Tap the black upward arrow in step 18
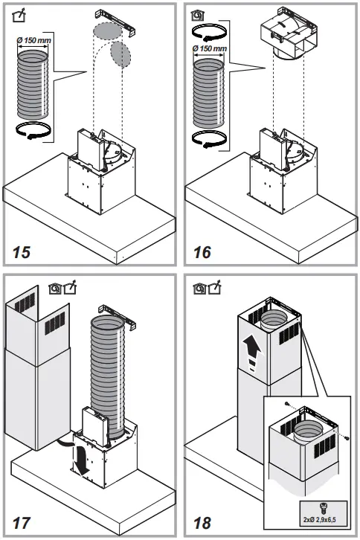[254, 347]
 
